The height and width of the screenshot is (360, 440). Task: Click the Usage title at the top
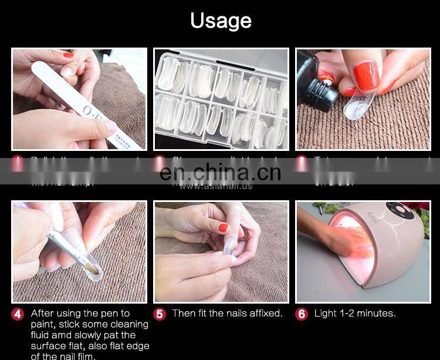221,21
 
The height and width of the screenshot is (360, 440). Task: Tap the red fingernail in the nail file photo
69,55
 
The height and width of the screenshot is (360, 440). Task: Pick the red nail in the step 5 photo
223,227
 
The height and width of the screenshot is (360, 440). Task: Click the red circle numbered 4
18,314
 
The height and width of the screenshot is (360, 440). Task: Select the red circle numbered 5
160,314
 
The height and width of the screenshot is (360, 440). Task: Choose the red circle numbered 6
302,314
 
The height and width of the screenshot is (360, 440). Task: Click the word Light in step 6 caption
326,314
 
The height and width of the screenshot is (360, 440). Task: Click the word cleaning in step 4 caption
129,324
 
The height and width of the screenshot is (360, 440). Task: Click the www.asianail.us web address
215,186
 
